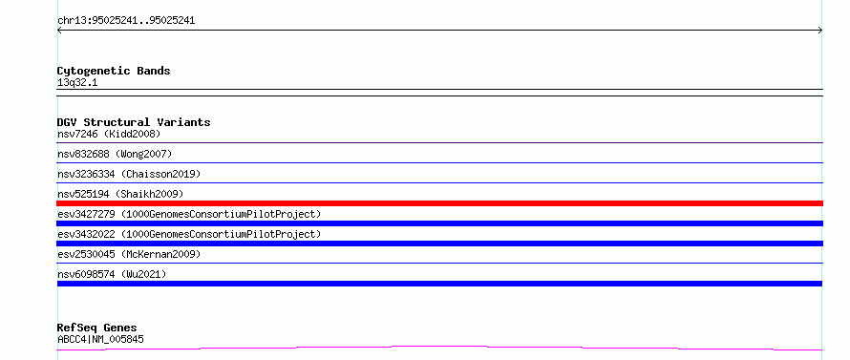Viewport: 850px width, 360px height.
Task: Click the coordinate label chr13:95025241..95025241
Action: click(126, 21)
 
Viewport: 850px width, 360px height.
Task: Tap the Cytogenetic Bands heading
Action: click(114, 71)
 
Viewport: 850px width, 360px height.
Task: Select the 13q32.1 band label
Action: click(77, 83)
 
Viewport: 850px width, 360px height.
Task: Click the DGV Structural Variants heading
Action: click(134, 122)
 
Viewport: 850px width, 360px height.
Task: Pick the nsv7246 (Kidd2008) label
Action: click(109, 134)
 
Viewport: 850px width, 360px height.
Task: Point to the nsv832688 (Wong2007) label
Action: click(115, 154)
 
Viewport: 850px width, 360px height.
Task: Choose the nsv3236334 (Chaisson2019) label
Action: click(129, 174)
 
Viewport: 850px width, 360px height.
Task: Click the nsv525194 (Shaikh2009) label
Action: click(120, 194)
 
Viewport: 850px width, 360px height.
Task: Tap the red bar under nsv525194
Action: click(439, 203)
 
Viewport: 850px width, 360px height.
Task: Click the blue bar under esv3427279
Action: click(439, 223)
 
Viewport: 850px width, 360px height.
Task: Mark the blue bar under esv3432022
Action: click(439, 244)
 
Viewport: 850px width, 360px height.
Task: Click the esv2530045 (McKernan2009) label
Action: click(129, 254)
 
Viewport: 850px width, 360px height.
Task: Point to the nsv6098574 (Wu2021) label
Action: click(112, 274)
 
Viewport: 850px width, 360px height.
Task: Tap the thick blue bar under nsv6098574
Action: click(439, 284)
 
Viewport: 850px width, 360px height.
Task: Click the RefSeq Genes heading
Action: click(97, 328)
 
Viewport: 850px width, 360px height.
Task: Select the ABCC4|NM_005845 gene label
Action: click(101, 339)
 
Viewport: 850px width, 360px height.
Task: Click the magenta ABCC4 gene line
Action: click(439, 346)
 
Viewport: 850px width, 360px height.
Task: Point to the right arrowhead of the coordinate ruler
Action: click(821, 31)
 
